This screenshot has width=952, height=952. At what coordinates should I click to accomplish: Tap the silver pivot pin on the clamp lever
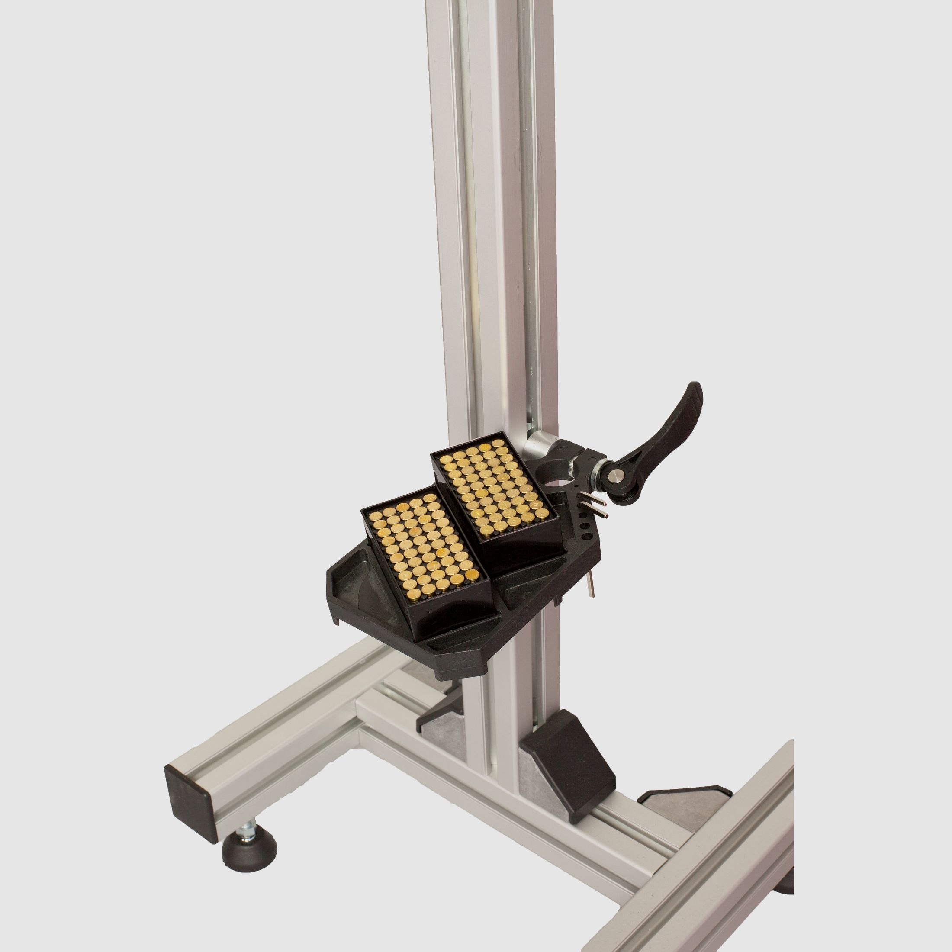[x=617, y=475]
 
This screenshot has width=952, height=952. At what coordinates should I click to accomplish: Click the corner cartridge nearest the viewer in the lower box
[x=413, y=597]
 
